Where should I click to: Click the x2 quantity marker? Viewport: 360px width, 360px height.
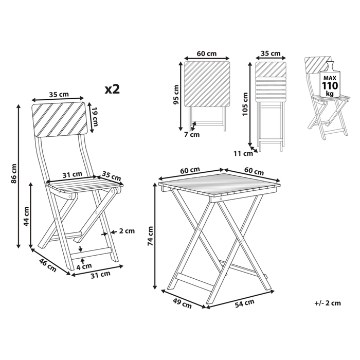click(x=112, y=89)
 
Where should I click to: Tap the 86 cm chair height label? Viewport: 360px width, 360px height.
click(x=14, y=174)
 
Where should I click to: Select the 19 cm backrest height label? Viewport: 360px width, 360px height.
click(x=94, y=117)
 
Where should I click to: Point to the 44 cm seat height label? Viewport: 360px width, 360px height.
click(x=26, y=216)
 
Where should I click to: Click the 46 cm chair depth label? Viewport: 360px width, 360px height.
click(x=48, y=265)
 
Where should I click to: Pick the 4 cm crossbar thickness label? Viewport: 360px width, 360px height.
click(x=84, y=266)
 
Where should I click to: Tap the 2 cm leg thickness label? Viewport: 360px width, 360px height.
click(x=127, y=231)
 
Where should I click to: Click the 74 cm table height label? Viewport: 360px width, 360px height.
click(x=150, y=236)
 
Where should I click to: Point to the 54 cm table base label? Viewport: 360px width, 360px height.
click(x=244, y=303)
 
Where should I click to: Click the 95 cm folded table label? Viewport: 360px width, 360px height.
click(x=176, y=95)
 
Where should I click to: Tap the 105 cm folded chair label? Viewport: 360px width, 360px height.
click(x=245, y=104)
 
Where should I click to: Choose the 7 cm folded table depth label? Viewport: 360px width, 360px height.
click(x=192, y=135)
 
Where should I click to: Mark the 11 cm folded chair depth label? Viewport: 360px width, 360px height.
click(x=243, y=153)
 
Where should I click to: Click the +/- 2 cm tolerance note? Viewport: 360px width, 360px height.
click(x=328, y=303)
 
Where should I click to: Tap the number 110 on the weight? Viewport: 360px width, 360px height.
click(x=330, y=86)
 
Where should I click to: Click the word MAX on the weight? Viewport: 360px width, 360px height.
click(x=330, y=78)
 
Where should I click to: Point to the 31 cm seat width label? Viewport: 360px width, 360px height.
click(x=73, y=175)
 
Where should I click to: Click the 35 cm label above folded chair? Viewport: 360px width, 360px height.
click(x=271, y=53)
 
